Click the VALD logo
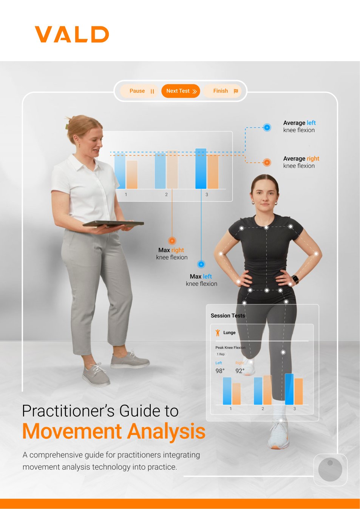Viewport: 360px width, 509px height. pyautogui.click(x=72, y=34)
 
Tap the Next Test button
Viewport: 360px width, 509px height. pyautogui.click(x=181, y=91)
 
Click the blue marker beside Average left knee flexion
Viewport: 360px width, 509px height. pyautogui.click(x=267, y=128)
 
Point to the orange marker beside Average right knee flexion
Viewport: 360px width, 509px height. pyautogui.click(x=267, y=163)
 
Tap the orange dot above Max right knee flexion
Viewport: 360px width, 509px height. pyautogui.click(x=172, y=241)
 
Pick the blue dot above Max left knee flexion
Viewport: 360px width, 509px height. pyautogui.click(x=201, y=264)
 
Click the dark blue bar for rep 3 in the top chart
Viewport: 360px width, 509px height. pyautogui.click(x=201, y=168)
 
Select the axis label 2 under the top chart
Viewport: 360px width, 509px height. pyautogui.click(x=166, y=194)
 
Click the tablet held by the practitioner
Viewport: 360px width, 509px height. pyautogui.click(x=113, y=224)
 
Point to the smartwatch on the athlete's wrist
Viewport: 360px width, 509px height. pyautogui.click(x=295, y=279)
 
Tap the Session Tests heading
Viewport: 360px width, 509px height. pyautogui.click(x=228, y=316)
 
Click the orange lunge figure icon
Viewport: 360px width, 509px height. pyautogui.click(x=218, y=333)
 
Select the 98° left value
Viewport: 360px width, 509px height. pyautogui.click(x=220, y=371)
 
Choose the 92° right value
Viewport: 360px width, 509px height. pyautogui.click(x=240, y=371)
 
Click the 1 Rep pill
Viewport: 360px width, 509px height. pyautogui.click(x=221, y=354)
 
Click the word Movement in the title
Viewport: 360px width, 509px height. pyautogui.click(x=72, y=431)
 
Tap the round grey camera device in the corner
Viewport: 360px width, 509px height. pyautogui.click(x=330, y=469)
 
